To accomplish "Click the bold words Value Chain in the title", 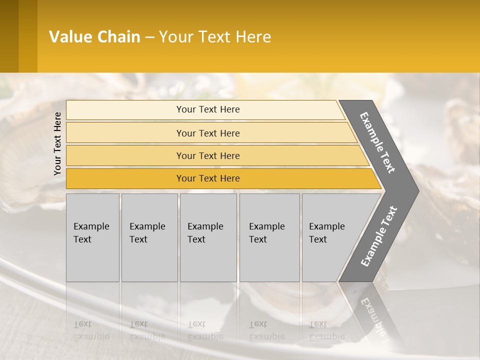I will coord(94,37).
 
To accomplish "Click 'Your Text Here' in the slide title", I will coord(215,37).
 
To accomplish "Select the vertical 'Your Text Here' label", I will coord(57,144).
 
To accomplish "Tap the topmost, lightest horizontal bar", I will coord(208,109).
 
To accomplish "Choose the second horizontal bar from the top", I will coord(208,133).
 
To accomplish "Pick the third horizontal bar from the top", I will coord(208,155).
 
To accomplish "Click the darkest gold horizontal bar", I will coord(208,178).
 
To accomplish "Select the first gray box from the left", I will coord(92,237).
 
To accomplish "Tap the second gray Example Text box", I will coord(149,237).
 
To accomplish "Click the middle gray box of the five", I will coord(208,237).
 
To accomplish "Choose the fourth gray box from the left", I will coord(269,237).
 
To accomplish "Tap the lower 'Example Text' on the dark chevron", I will coord(379,236).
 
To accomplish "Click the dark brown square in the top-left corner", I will coord(9,36).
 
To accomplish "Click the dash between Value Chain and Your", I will coord(149,37).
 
